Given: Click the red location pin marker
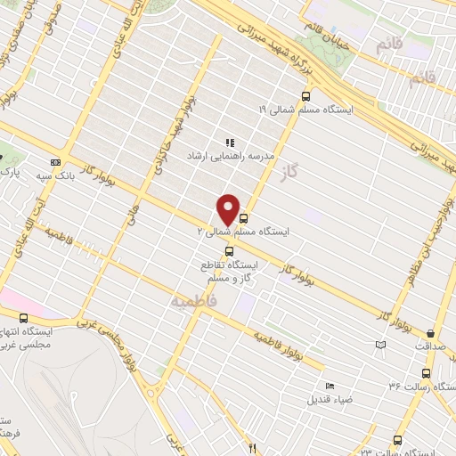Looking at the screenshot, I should (229, 209).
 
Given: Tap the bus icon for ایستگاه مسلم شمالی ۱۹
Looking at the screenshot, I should (306, 96).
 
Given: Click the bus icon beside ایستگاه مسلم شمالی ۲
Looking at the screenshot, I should (243, 216).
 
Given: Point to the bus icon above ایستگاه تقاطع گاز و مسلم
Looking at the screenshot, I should (230, 250).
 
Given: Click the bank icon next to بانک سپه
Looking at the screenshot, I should (57, 163).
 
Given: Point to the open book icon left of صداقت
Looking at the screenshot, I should (382, 345).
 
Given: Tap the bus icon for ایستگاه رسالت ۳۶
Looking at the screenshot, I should (426, 374).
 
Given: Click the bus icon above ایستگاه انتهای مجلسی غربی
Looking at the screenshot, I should (23, 317).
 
